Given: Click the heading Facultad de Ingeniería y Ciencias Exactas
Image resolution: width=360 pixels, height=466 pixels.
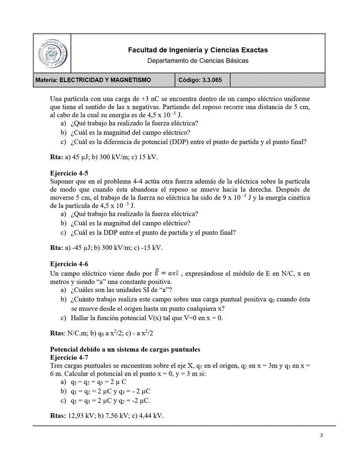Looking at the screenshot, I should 198,50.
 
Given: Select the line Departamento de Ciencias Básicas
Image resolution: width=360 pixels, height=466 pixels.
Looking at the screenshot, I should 198,60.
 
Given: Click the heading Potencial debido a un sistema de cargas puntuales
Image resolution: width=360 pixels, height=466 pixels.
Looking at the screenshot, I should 125,349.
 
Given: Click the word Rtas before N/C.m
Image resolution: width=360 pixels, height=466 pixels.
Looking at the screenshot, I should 58,333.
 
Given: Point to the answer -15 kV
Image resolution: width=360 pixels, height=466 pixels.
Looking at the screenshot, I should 151,248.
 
